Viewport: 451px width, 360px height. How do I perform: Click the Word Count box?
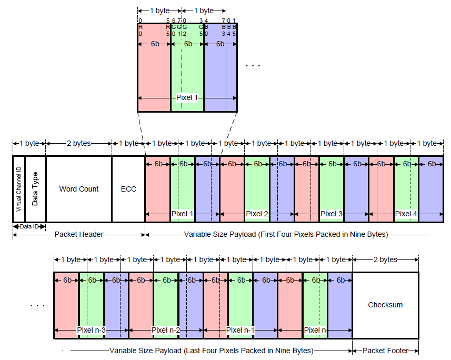tap(78, 189)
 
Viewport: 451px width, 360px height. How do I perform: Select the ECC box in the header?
tap(128, 189)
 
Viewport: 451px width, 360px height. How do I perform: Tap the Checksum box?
tap(385, 305)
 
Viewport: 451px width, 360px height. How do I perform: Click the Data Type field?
tap(35, 189)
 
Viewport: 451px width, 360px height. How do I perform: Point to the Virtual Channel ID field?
tap(18, 189)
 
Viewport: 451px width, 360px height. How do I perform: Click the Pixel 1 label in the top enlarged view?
tap(187, 98)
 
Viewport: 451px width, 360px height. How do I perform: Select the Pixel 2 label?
tap(257, 214)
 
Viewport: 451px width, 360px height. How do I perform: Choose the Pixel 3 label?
tap(332, 214)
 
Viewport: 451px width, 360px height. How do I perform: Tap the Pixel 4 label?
tap(406, 214)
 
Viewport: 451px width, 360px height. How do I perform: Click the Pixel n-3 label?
tap(91, 330)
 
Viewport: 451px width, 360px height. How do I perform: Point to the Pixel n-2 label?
tap(166, 330)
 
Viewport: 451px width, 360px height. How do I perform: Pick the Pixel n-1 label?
tap(240, 330)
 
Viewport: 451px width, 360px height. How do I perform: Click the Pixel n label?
tap(315, 330)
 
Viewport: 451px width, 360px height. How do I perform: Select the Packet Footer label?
tap(385, 351)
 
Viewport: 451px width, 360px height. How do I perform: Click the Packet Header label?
tap(78, 235)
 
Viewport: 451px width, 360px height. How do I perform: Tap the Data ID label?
tap(29, 226)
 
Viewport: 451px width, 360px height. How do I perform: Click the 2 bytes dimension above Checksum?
tap(385, 259)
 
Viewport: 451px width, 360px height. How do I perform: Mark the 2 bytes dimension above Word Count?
tap(78, 143)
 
